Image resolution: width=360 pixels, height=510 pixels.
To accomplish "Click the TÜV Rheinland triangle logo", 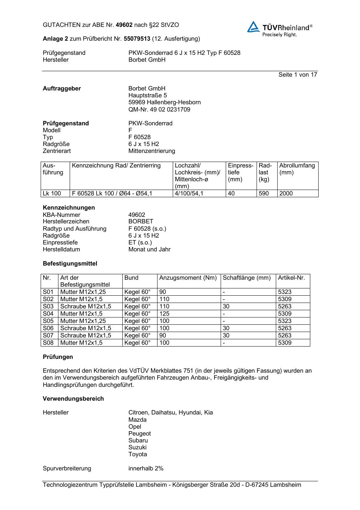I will pyautogui.click(x=253, y=27).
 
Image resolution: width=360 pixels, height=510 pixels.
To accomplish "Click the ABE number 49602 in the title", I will pyautogui.click(x=124, y=25).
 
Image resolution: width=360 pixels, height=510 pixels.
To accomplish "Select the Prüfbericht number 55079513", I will pyautogui.click(x=137, y=39).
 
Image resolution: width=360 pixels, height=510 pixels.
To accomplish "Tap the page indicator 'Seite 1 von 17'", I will pyautogui.click(x=298, y=74).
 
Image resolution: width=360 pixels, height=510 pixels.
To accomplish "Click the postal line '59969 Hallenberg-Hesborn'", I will pyautogui.click(x=164, y=102).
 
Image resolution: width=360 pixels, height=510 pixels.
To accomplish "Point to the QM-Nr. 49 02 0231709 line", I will pyautogui.click(x=159, y=109).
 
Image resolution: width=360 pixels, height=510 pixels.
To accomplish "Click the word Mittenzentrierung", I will pyautogui.click(x=152, y=151).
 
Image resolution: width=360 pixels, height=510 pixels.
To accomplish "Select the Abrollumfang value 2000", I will pyautogui.click(x=286, y=194).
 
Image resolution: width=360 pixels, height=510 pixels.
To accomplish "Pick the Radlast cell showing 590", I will pyautogui.click(x=264, y=194).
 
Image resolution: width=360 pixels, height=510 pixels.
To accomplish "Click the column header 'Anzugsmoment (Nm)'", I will pyautogui.click(x=188, y=278).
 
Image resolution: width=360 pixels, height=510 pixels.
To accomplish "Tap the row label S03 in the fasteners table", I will pyautogui.click(x=48, y=306).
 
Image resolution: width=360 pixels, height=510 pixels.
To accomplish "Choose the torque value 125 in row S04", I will pyautogui.click(x=164, y=313).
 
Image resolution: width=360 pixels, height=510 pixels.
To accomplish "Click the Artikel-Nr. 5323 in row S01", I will pyautogui.click(x=285, y=292).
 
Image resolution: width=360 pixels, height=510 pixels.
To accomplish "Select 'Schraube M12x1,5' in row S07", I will pyautogui.click(x=86, y=335).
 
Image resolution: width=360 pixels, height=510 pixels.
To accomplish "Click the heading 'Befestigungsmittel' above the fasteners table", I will pyautogui.click(x=70, y=263).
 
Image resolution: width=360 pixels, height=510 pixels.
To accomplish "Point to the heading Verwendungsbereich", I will pyautogui.click(x=73, y=398).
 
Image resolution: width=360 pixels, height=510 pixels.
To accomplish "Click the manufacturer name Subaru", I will pyautogui.click(x=138, y=440).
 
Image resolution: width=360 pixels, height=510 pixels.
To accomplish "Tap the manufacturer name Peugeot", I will pyautogui.click(x=139, y=433).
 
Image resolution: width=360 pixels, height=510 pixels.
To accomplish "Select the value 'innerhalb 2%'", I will pyautogui.click(x=146, y=468).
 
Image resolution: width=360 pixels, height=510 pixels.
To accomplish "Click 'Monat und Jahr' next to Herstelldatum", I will pyautogui.click(x=149, y=249).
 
